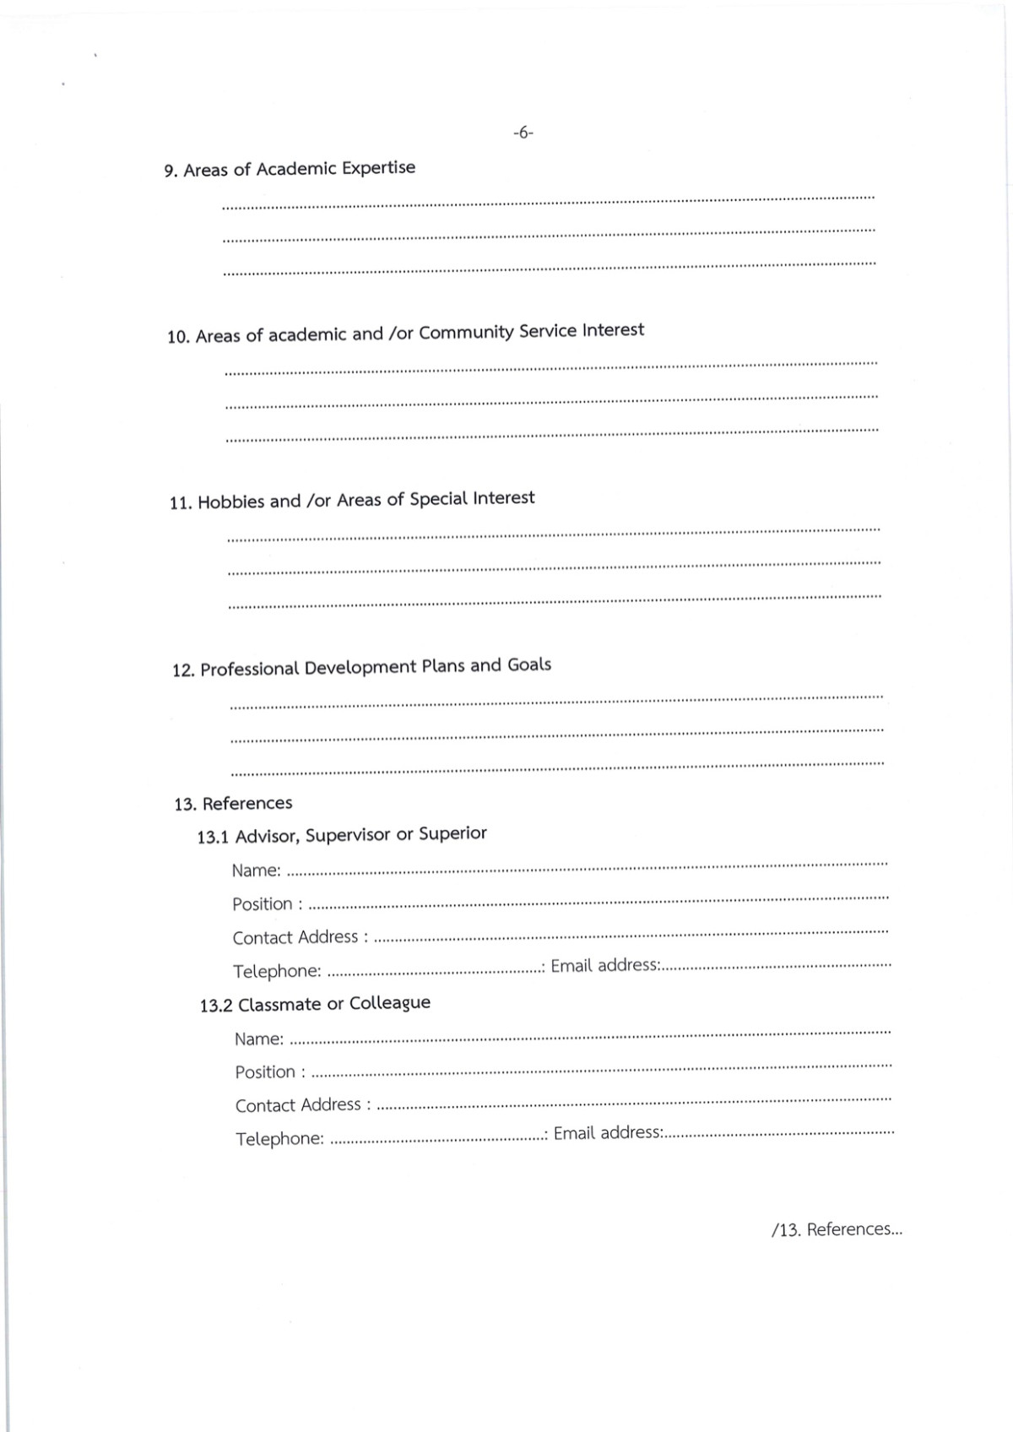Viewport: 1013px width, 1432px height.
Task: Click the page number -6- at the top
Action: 523,133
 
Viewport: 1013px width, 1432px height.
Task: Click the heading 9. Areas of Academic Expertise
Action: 290,169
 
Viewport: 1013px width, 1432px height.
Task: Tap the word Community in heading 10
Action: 466,332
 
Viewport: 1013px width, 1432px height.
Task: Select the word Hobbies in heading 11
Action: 230,502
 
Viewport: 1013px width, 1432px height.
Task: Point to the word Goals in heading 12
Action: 529,664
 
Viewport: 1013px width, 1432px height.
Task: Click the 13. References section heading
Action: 233,803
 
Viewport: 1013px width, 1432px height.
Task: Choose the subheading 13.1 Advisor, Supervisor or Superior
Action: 342,835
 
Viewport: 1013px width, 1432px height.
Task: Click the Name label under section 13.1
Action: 256,870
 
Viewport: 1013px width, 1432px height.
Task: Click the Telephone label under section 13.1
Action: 277,971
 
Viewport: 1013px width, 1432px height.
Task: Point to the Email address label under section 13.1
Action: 605,965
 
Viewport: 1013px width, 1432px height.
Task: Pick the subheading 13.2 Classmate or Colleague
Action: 315,1004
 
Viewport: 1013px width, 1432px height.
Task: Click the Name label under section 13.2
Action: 259,1039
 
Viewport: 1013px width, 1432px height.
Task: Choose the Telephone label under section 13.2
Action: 279,1139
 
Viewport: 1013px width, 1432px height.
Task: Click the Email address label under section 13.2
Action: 608,1133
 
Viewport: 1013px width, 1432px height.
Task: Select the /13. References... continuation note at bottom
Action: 837,1229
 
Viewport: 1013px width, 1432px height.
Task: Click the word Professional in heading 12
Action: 250,669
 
